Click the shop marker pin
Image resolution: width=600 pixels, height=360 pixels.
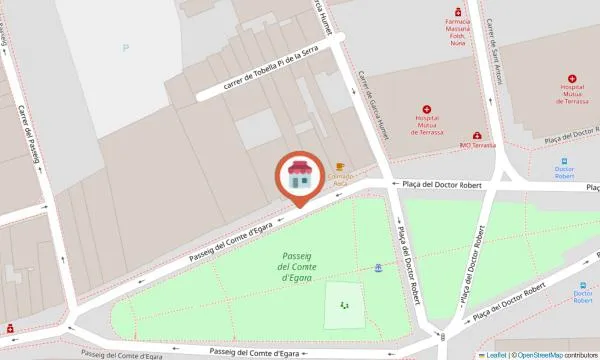[298, 177]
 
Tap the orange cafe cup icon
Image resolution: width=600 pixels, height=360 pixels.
[340, 167]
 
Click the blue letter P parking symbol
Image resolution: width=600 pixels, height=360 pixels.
[125, 47]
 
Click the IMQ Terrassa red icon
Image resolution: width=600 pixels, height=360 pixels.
[478, 135]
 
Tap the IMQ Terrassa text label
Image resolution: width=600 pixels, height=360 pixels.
[478, 145]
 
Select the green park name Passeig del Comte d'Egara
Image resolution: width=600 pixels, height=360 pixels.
[303, 266]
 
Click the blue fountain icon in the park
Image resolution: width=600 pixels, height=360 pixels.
[378, 268]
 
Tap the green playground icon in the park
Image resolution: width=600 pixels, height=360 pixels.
[345, 305]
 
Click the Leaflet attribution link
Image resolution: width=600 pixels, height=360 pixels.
[496, 355]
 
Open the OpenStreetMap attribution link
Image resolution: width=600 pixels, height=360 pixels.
[539, 355]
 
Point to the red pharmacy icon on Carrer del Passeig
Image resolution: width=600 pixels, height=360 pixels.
[9, 328]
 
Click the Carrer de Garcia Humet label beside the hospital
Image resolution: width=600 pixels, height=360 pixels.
[375, 101]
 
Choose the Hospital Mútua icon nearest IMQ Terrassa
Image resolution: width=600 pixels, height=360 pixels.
[427, 109]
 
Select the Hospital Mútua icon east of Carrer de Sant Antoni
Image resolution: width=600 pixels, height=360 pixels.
[572, 78]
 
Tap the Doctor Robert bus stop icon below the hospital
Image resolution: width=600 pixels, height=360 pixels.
[564, 160]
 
